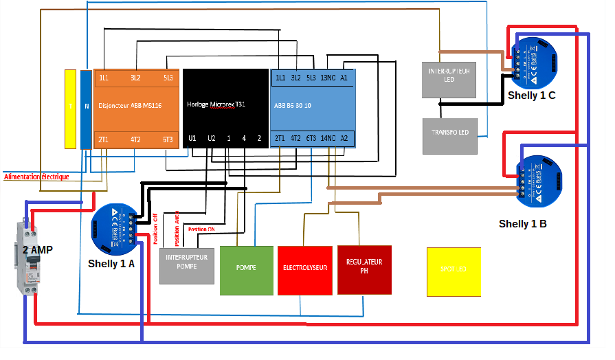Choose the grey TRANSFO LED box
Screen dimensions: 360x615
(x=449, y=135)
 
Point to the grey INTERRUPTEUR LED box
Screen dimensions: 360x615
(x=449, y=79)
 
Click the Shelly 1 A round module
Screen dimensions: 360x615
(x=114, y=229)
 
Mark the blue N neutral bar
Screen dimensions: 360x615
(x=86, y=109)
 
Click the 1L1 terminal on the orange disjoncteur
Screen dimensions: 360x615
(x=104, y=78)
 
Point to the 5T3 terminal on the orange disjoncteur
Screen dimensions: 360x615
(x=167, y=139)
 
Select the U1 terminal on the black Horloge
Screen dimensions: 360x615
(x=192, y=139)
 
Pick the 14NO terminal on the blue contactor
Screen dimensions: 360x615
(x=326, y=139)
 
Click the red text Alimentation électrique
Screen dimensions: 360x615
(x=36, y=177)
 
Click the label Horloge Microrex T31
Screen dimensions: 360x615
(x=216, y=104)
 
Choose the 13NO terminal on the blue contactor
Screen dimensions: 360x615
(x=328, y=78)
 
